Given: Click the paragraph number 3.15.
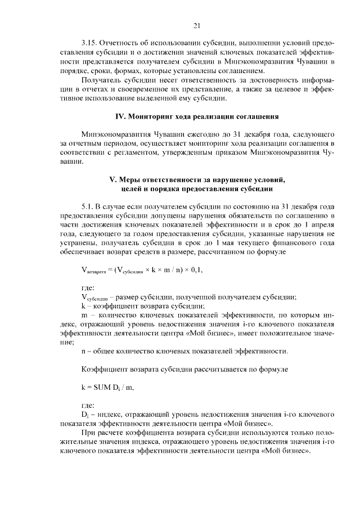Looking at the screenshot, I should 91,43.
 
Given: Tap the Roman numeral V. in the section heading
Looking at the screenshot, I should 111,179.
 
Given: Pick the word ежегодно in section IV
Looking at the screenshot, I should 180,135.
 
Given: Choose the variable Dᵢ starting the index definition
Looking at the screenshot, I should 85,415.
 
